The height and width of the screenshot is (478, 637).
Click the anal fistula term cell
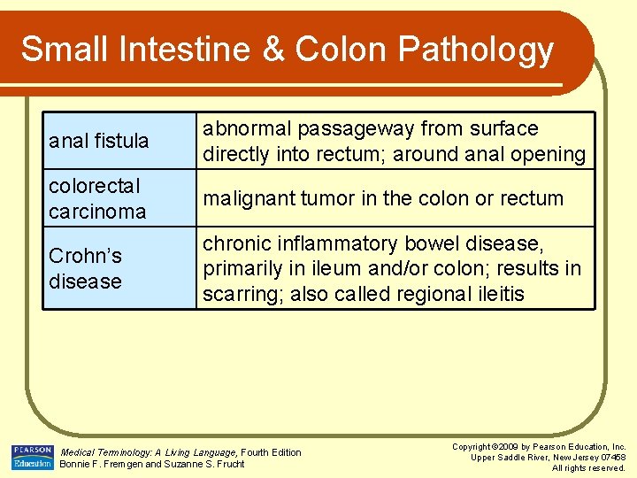[119, 141]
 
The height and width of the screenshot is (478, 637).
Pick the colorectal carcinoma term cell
[119, 199]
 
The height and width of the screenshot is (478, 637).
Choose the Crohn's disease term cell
[119, 268]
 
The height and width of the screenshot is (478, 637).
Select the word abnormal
[247, 129]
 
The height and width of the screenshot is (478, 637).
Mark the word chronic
[236, 243]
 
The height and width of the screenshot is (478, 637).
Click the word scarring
[237, 294]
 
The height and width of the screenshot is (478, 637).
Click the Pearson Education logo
[33, 457]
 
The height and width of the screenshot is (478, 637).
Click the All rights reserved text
[588, 467]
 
